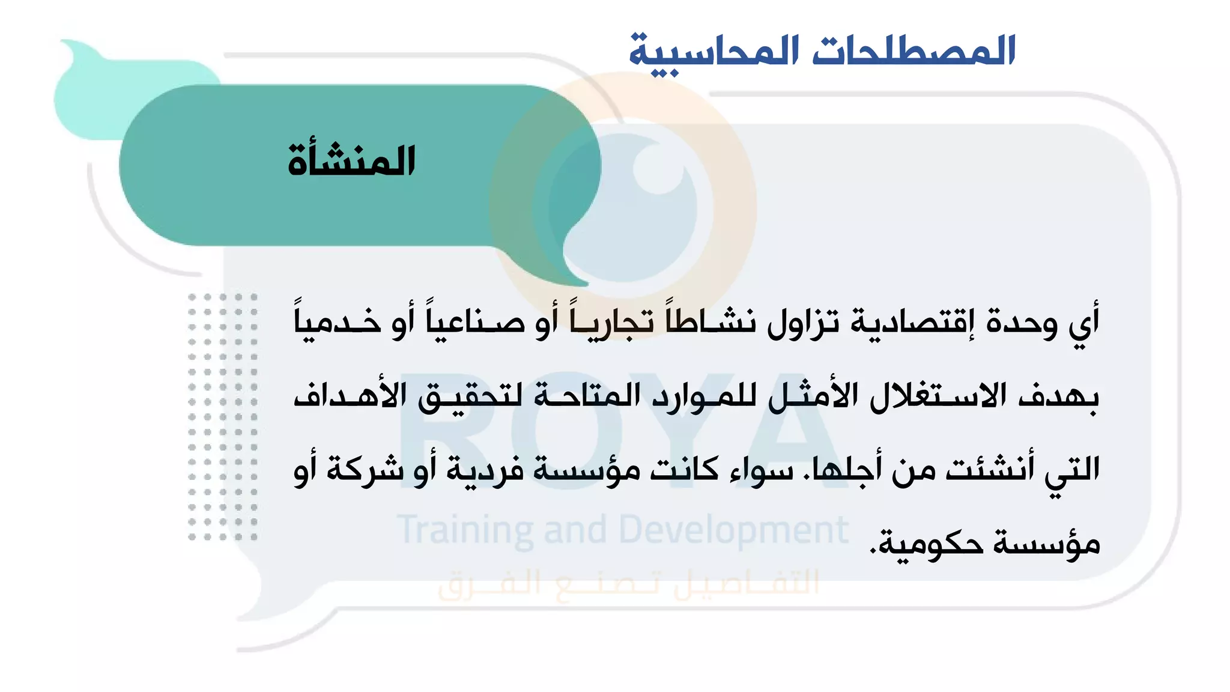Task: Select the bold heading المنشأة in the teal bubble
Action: (x=351, y=160)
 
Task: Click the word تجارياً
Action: (x=612, y=321)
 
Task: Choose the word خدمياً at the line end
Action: (x=340, y=321)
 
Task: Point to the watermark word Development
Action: (x=733, y=530)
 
